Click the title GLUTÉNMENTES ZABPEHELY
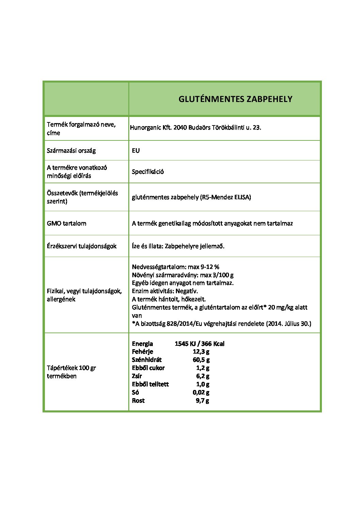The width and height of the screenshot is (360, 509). (235, 99)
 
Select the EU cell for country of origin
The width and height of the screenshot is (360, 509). (136, 151)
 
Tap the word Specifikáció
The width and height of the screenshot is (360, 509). (148, 172)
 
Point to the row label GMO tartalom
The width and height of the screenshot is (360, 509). (66, 223)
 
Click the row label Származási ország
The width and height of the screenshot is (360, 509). (71, 151)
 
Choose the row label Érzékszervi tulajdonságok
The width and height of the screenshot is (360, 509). (82, 246)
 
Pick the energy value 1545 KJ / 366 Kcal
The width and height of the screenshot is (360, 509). (199, 344)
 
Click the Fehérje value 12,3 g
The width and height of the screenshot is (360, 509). (201, 352)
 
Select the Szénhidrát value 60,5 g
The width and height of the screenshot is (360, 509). (201, 360)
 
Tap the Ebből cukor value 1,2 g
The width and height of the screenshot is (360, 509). (202, 368)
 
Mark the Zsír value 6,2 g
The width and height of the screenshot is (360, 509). (202, 376)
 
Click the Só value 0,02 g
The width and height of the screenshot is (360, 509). (201, 392)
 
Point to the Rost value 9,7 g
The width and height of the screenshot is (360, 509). (202, 401)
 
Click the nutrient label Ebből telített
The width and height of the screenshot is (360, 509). (150, 384)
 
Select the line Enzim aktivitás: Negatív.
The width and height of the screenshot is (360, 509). (165, 291)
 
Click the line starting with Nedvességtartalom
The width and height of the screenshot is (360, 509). (176, 267)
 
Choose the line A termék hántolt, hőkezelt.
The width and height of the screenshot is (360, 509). (169, 299)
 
